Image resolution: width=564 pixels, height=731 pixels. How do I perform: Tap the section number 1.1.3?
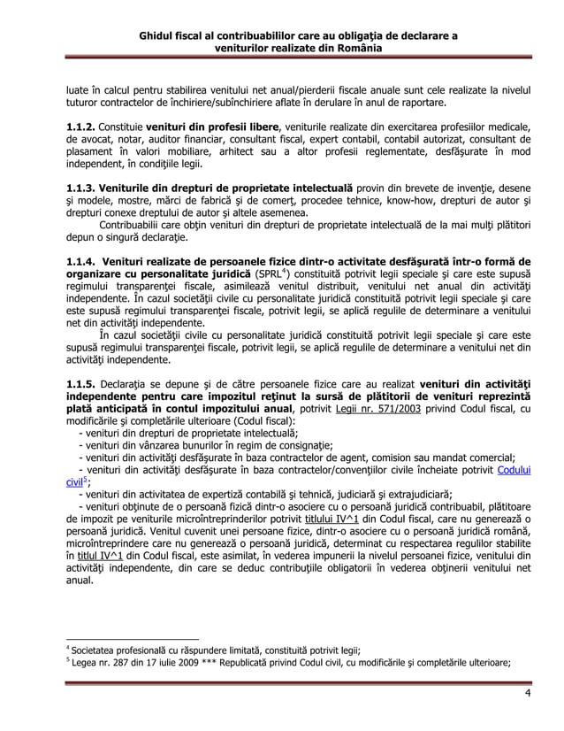80,189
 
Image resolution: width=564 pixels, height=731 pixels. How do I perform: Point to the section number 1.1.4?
80,264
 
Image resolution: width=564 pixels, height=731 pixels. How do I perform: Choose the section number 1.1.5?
80,385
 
